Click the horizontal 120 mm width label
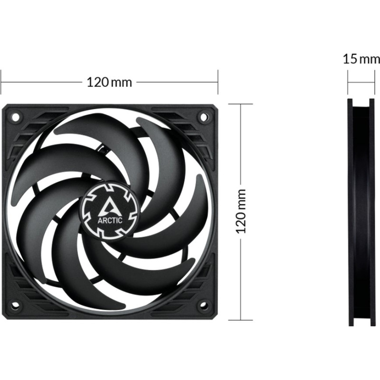point(109,82)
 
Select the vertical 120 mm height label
point(242,210)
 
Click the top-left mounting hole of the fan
point(15,116)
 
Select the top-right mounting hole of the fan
point(204,116)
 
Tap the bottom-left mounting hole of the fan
point(15,305)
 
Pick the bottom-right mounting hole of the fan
point(204,305)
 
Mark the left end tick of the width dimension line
point(1,82)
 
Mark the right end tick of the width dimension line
point(218,82)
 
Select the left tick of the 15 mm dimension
point(348,82)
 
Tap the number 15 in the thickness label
point(350,59)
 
